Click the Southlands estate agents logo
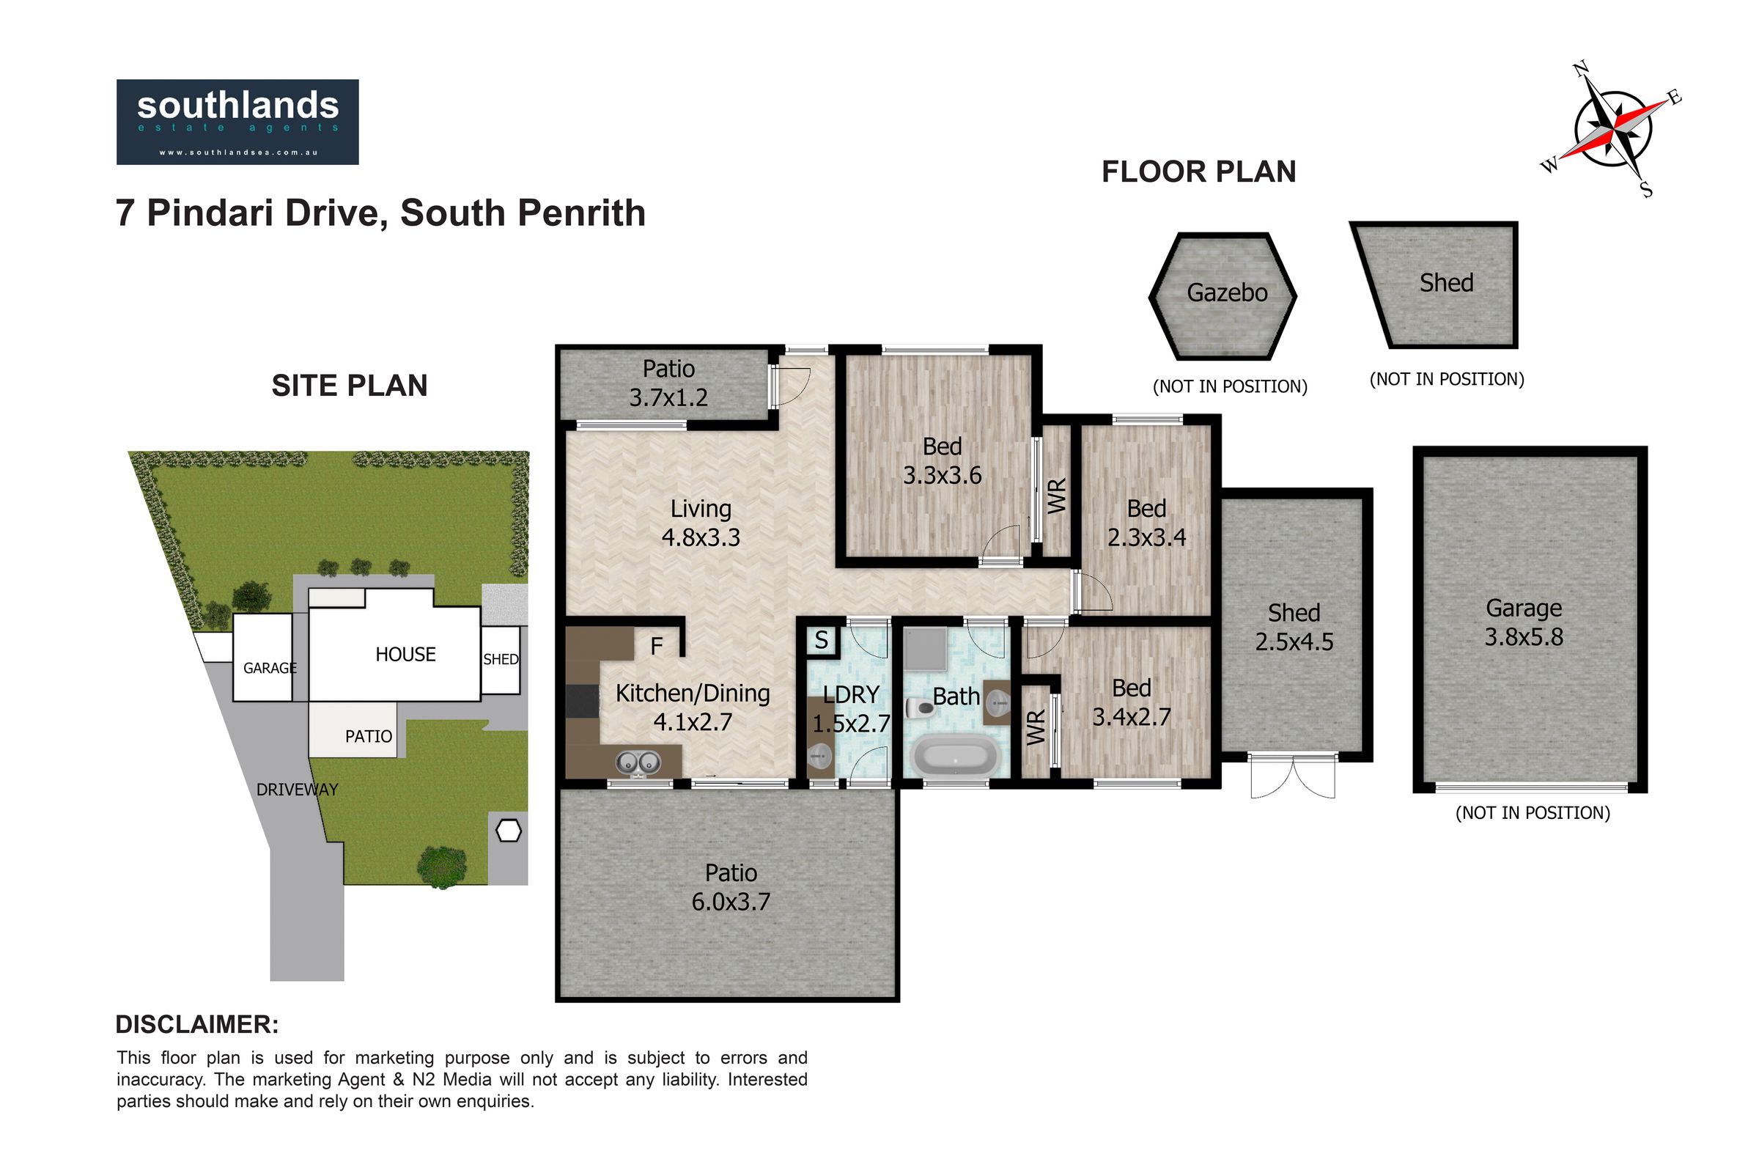click(237, 122)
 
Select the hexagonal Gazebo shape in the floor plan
click(1222, 295)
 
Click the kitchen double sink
click(638, 762)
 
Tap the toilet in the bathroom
click(919, 706)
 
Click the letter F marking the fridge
click(657, 647)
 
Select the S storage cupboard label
click(821, 640)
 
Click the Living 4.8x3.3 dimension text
click(701, 523)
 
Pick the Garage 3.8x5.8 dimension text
click(1524, 622)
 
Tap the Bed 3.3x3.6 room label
click(943, 460)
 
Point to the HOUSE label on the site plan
click(405, 655)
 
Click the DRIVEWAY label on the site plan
click(297, 790)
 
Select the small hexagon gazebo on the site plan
click(509, 831)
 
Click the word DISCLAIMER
click(196, 1024)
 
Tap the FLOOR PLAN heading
click(1199, 172)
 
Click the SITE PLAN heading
click(350, 386)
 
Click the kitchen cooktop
click(582, 702)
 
